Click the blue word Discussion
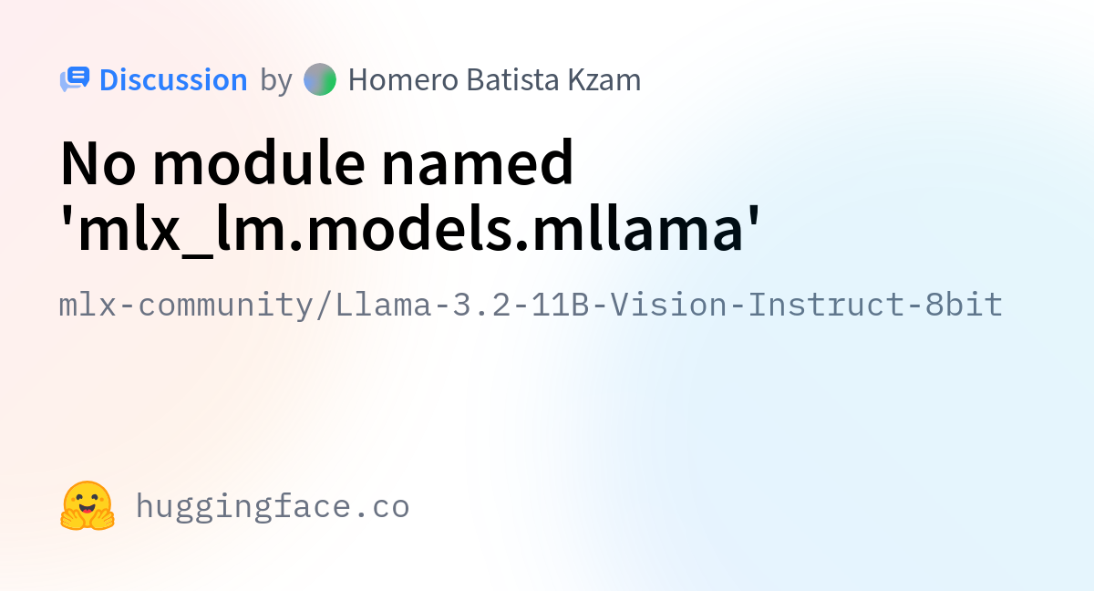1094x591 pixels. coord(173,79)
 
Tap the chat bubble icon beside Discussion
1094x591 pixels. coord(75,79)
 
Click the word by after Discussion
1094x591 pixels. coord(276,81)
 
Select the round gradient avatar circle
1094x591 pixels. coord(320,79)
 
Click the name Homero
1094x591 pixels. coord(403,79)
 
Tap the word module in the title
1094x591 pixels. coord(259,161)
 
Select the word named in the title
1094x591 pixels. coord(477,161)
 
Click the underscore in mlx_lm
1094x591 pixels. coord(197,255)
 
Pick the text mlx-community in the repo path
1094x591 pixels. coord(186,306)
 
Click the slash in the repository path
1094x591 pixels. coord(325,306)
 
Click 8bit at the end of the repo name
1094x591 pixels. coord(964,305)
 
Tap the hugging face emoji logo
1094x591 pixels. coord(88,505)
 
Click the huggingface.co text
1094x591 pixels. coord(273,506)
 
